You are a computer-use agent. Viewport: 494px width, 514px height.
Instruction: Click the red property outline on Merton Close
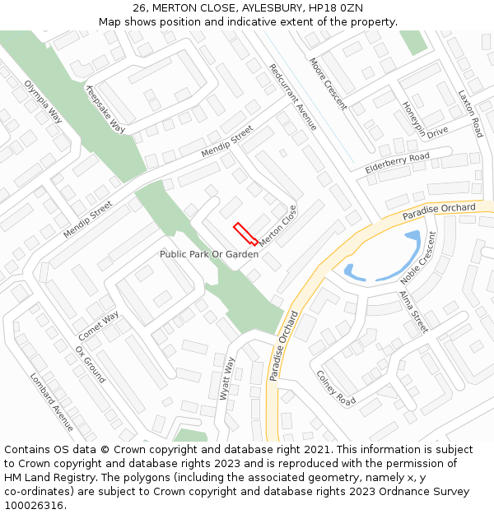(x=245, y=234)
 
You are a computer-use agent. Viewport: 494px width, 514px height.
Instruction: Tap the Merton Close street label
(x=277, y=228)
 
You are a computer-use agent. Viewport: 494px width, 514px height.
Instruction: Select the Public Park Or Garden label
(x=209, y=255)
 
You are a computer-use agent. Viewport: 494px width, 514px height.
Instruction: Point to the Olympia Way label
(x=44, y=102)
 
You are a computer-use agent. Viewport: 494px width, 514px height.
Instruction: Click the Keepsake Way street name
(x=105, y=110)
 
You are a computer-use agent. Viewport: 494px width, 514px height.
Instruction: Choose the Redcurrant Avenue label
(x=293, y=96)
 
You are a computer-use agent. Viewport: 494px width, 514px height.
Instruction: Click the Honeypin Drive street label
(x=425, y=120)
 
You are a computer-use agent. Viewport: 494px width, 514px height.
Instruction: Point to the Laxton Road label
(x=470, y=113)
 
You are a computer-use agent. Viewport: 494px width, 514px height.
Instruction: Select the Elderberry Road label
(x=398, y=163)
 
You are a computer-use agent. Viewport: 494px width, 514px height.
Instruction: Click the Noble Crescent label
(x=419, y=258)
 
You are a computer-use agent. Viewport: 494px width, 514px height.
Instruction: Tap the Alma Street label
(x=413, y=312)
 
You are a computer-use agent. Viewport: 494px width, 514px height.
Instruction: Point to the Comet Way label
(x=99, y=326)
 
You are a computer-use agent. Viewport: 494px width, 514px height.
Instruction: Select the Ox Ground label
(x=91, y=364)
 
